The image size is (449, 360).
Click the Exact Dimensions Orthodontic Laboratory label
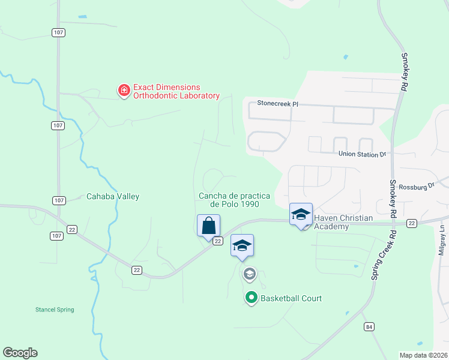coord(176,91)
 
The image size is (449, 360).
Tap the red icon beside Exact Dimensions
coord(124,91)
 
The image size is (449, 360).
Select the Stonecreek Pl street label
coord(277,103)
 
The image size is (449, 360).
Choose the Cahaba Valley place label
coord(113,196)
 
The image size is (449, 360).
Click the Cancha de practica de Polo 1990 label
coord(235,200)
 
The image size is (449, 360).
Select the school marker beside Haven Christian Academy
coord(301,214)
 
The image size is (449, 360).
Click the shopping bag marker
coord(208,226)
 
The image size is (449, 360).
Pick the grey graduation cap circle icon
coord(250,274)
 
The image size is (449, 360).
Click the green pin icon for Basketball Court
coord(252,298)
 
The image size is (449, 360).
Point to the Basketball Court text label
coord(292,298)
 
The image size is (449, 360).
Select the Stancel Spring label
coord(54,310)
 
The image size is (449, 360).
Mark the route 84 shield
coord(369,326)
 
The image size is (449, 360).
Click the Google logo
coord(20,353)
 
